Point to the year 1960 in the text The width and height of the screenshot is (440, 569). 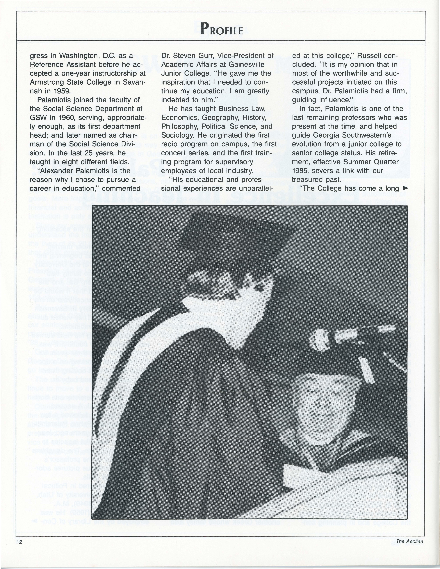click(x=61, y=118)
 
